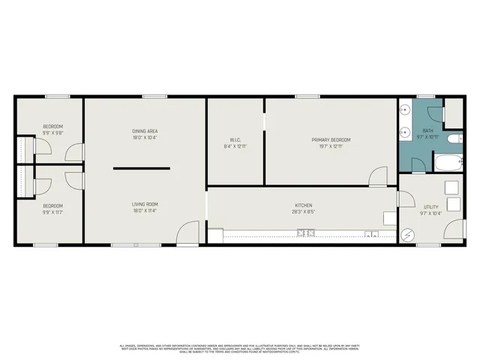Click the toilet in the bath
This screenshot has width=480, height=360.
tap(453, 139)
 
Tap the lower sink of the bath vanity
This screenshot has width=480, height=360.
tap(404, 135)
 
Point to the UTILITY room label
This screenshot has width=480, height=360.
tap(430, 206)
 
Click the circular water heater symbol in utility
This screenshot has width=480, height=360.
tap(409, 235)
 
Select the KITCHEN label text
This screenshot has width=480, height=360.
tap(303, 205)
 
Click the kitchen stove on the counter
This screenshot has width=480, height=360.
tap(305, 234)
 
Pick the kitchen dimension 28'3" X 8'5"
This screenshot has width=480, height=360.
tap(303, 212)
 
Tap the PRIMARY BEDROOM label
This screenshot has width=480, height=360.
tap(331, 139)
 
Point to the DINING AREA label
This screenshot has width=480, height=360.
tap(145, 132)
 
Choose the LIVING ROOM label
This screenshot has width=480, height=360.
tap(145, 204)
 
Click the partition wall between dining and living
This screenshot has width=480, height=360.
tap(141, 169)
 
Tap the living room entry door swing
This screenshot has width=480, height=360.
tap(187, 232)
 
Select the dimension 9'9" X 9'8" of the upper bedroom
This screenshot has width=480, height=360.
tap(52, 133)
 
